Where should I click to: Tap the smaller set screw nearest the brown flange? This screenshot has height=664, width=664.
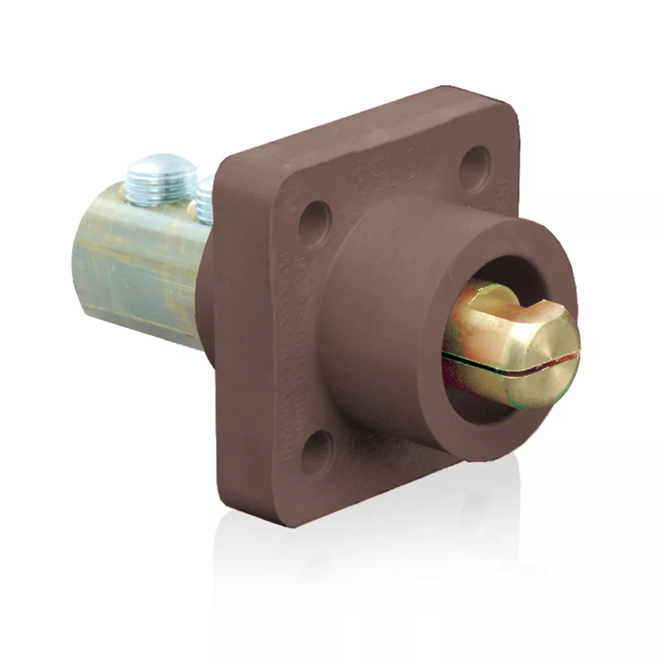pyautogui.click(x=206, y=199)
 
